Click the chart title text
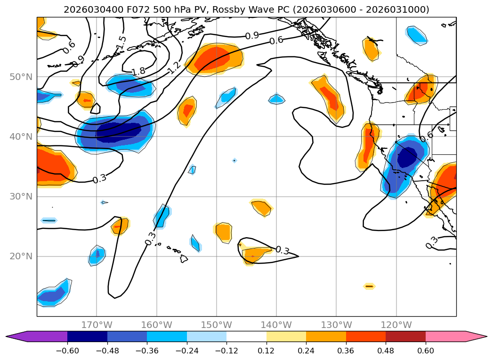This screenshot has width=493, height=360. pos(246,9)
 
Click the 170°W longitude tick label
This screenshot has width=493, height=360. pos(97,325)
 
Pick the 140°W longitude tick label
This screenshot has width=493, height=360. pos(276,325)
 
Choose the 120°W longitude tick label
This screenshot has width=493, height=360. pos(396,325)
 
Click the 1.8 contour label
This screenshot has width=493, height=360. pos(138,72)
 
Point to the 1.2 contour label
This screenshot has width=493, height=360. pos(174,68)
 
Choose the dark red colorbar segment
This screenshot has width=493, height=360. pos(405,336)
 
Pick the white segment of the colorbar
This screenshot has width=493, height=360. pos(246,336)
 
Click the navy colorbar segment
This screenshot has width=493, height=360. pos(87,336)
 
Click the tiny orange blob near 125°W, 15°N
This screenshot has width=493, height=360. pos(369,286)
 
